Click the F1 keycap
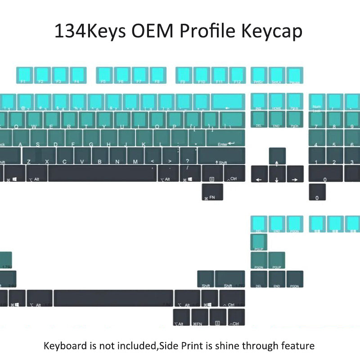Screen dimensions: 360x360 click(25, 75)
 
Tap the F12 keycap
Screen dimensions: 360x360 click(237, 75)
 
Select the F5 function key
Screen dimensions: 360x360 click(104, 75)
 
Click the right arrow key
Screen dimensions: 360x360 click(295, 174)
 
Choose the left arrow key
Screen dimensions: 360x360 click(259, 174)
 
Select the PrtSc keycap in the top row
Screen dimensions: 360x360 click(259, 75)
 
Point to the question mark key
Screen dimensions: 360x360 click(188, 156)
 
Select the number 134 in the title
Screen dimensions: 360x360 click(67, 31)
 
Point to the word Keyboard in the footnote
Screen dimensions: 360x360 click(65, 346)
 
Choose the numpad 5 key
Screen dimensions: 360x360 click(335, 138)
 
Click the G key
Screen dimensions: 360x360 click(91, 138)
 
